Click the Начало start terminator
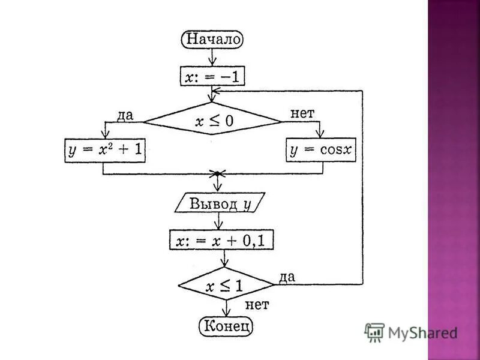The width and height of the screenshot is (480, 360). tap(212, 40)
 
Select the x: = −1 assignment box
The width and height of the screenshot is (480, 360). tap(213, 76)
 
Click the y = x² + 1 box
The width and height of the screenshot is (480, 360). tap(106, 150)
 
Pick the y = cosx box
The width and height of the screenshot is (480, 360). tap(321, 150)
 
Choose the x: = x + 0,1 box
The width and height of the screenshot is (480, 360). tap(223, 241)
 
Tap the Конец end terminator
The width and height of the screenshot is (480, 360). tap(226, 326)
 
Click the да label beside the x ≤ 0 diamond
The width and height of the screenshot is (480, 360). tap(124, 115)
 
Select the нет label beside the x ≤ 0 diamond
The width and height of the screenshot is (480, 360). tap(302, 113)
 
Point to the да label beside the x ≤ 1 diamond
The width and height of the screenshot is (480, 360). tap(286, 277)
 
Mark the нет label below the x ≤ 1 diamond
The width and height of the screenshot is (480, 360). tap(257, 304)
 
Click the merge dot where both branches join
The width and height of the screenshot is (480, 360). tap(215, 174)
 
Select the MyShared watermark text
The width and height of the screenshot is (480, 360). tap(422, 332)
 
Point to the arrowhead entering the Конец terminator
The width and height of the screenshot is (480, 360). tap(226, 314)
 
